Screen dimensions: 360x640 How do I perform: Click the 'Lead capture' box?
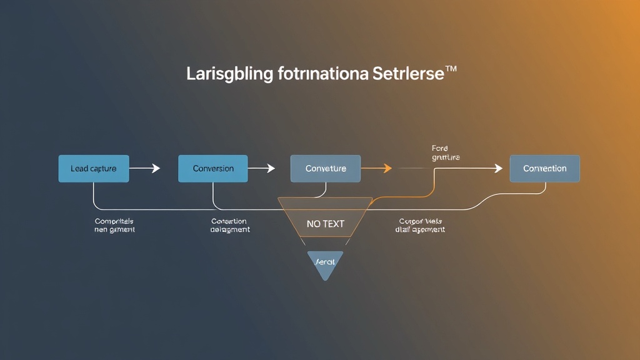[x=93, y=169]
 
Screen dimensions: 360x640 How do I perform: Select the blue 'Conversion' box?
[x=213, y=169]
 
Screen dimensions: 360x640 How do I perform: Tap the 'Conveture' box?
[x=325, y=169]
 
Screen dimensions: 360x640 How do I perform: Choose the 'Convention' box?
[x=544, y=169]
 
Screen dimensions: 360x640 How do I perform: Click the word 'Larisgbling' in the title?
[x=230, y=74]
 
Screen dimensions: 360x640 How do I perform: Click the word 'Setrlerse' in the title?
[x=407, y=74]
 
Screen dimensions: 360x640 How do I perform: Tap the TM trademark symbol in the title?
[x=450, y=69]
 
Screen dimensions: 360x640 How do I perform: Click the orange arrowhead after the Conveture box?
[x=387, y=168]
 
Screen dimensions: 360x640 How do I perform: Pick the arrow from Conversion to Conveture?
[x=261, y=168]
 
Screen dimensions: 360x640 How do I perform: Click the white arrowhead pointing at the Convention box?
[x=498, y=168]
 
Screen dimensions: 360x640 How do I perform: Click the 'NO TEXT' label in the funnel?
[x=325, y=224]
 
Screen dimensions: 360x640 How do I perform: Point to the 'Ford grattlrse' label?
[x=445, y=153]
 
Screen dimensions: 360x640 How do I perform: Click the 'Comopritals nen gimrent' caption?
[x=114, y=226]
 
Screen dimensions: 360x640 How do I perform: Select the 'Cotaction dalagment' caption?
[x=229, y=226]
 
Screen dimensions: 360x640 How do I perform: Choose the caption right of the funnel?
[x=420, y=226]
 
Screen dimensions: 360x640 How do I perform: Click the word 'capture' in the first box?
[x=102, y=169]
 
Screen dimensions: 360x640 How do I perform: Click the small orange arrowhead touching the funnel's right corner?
[x=371, y=201]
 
